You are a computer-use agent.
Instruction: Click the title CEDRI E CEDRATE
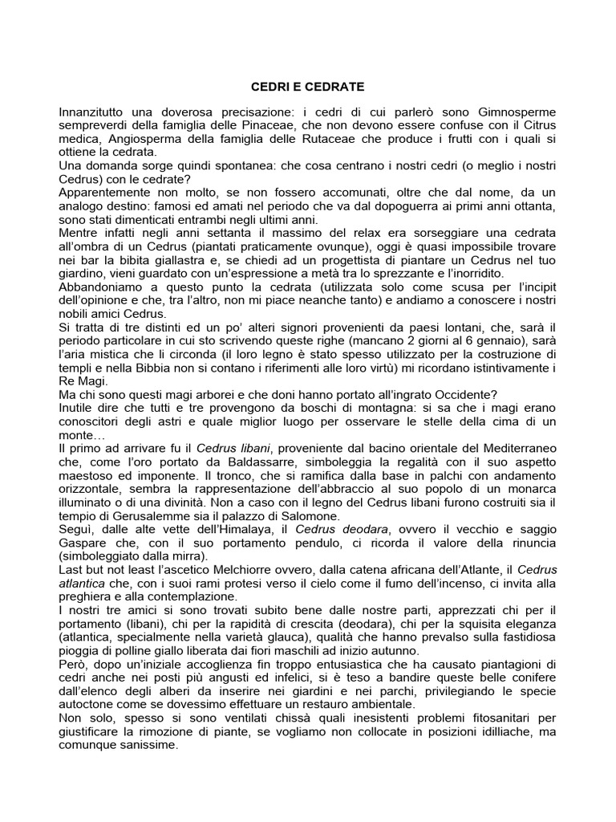pos(308,86)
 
